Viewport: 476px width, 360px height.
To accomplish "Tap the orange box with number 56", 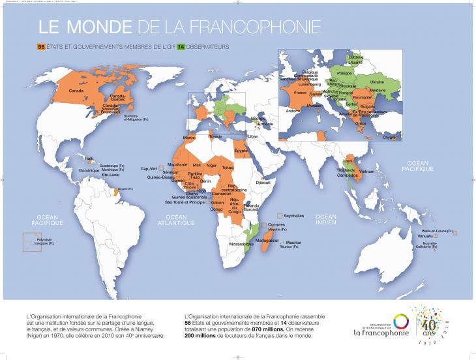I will tap(40, 48).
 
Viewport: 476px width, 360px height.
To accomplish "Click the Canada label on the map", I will tap(76, 91).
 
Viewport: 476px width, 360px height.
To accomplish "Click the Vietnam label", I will tap(367, 171).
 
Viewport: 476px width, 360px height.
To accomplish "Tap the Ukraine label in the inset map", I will tap(377, 82).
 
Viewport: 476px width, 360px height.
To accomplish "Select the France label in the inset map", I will tap(300, 93).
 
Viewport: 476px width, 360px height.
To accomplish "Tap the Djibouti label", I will tap(263, 183).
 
